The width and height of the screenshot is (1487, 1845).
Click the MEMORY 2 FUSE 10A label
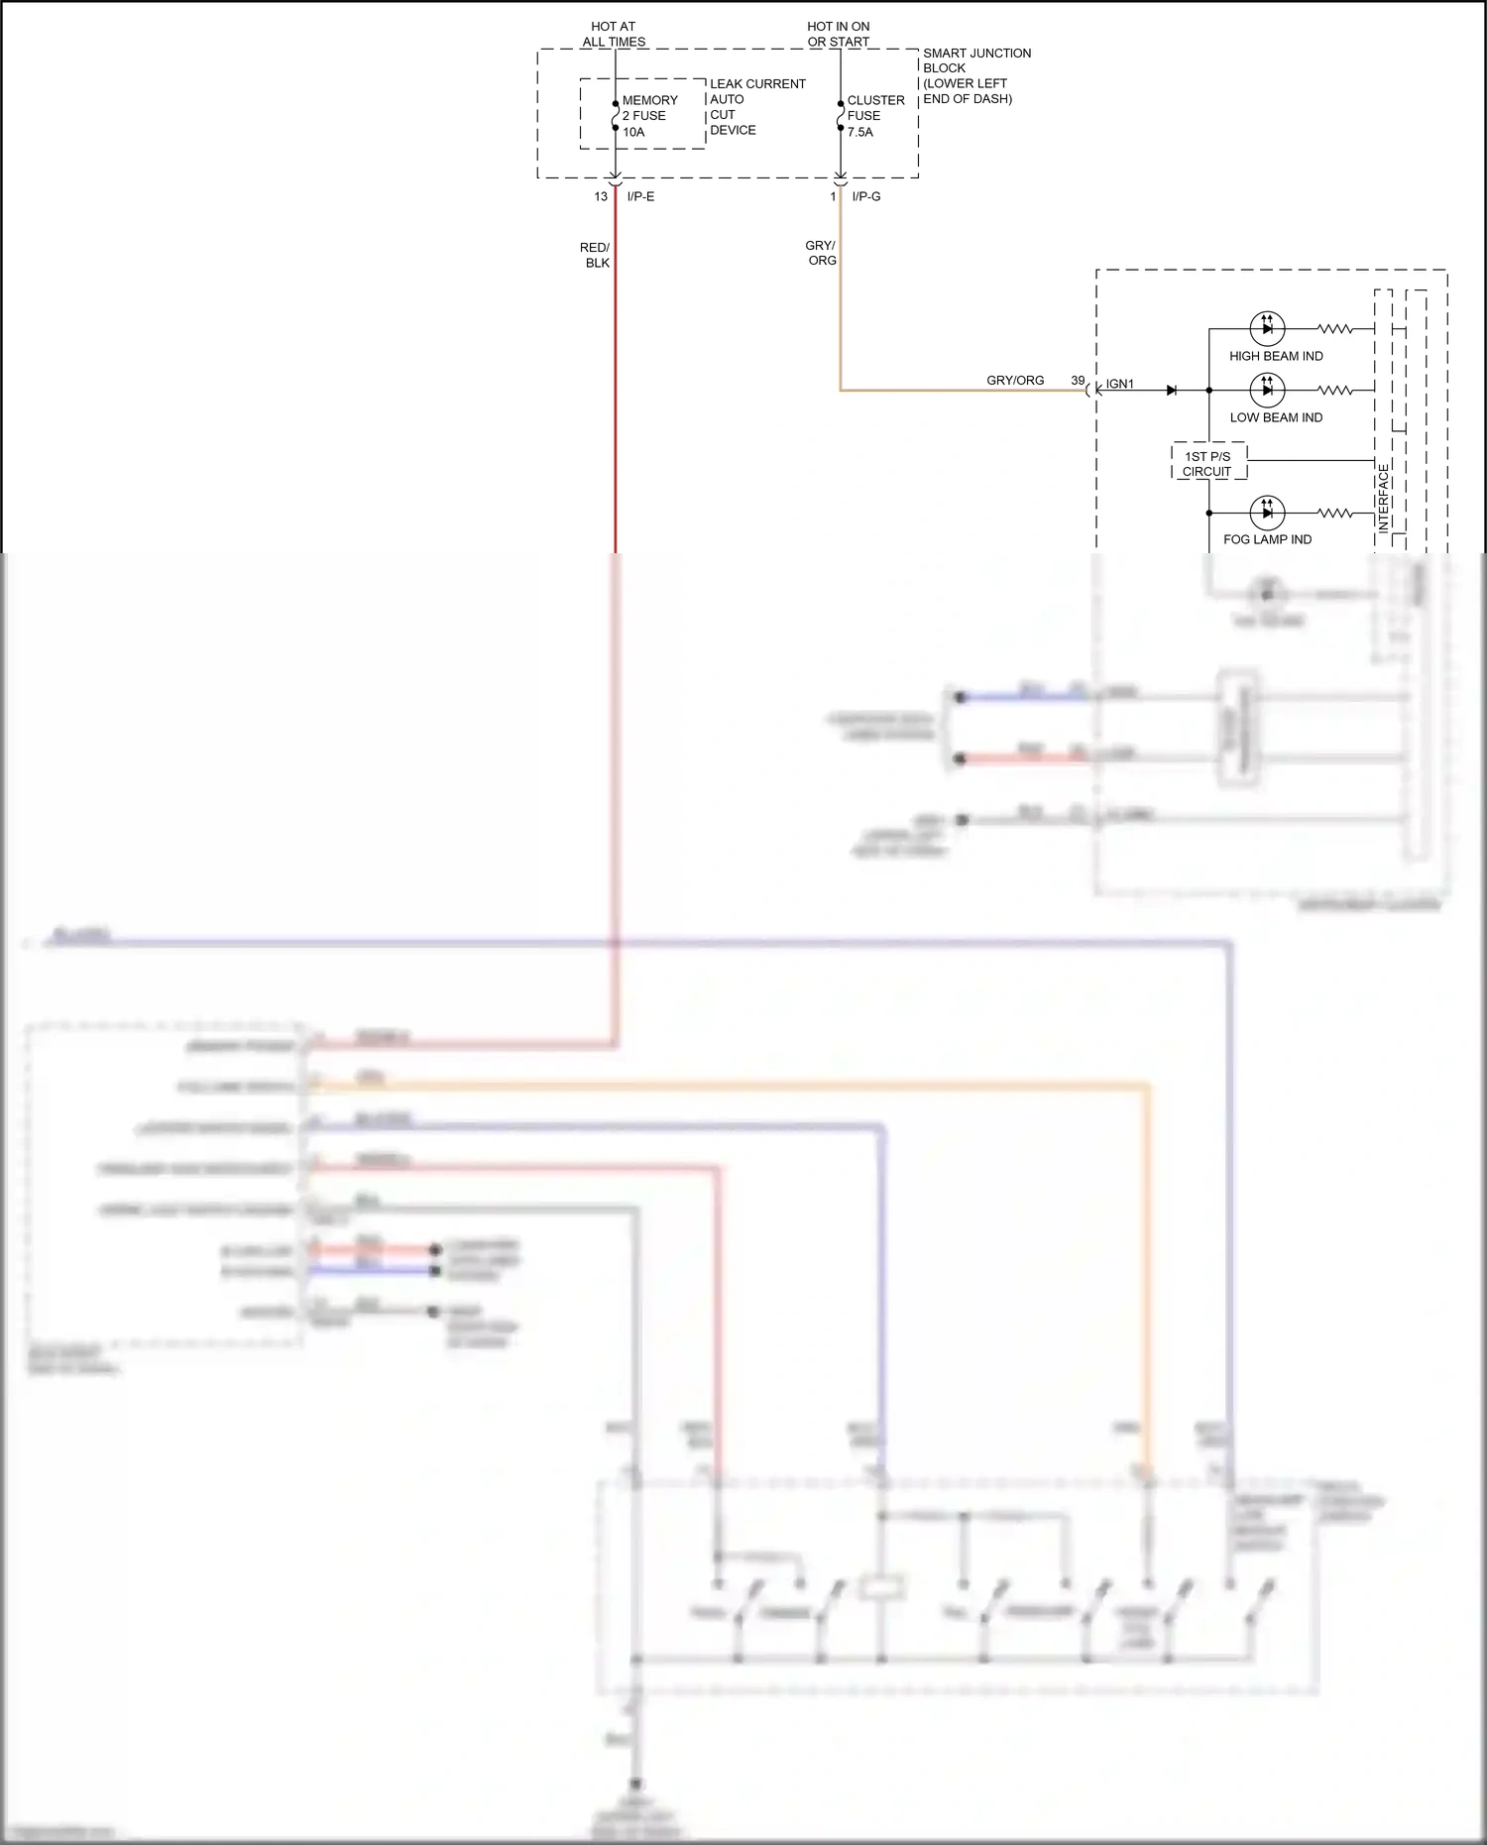click(649, 116)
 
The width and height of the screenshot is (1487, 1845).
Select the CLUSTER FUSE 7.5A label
click(874, 116)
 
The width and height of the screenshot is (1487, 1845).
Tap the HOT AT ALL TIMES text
click(614, 34)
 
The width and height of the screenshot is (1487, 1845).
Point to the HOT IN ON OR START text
click(839, 34)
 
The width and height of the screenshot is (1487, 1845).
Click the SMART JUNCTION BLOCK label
click(975, 75)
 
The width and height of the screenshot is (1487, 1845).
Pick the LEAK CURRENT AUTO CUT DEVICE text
click(756, 107)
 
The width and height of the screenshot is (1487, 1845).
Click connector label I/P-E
click(640, 196)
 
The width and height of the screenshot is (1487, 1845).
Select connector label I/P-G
click(865, 196)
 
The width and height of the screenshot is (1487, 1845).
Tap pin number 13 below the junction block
click(601, 196)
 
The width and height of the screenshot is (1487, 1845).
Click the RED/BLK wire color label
click(596, 255)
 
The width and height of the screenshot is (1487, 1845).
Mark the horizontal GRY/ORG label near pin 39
click(1015, 380)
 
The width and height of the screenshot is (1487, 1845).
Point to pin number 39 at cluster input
click(1078, 380)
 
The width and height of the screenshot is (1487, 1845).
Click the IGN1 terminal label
click(1120, 384)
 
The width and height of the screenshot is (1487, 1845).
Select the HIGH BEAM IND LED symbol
click(1267, 328)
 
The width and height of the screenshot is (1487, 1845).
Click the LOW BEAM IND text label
click(1276, 417)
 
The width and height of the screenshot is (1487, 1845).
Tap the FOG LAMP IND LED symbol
click(1267, 513)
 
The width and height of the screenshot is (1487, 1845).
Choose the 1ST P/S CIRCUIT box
click(1207, 463)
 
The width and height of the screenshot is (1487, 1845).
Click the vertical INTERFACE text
click(1384, 498)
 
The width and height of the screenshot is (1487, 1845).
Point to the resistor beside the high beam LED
click(1335, 328)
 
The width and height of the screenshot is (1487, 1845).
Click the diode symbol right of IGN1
click(1172, 390)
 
